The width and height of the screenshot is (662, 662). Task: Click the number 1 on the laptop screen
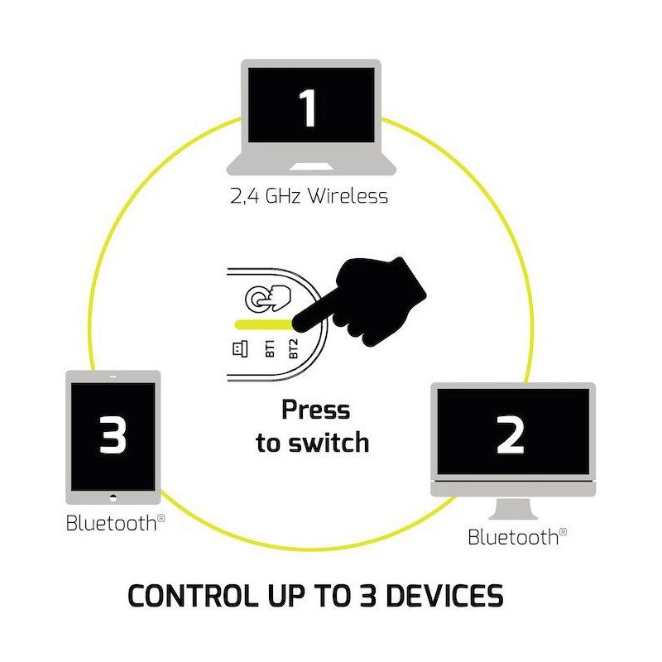coord(308,108)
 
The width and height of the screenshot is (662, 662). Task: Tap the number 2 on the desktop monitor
coord(511,434)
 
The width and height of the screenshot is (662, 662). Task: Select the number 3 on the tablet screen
coord(113,434)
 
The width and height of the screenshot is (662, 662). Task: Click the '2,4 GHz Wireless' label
coord(308,197)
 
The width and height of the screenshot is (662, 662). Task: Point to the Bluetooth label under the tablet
coord(112,523)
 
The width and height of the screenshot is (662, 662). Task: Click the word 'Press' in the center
coord(315,410)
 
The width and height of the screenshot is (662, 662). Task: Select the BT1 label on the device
coord(270,348)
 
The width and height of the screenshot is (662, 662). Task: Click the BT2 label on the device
coord(293,348)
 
